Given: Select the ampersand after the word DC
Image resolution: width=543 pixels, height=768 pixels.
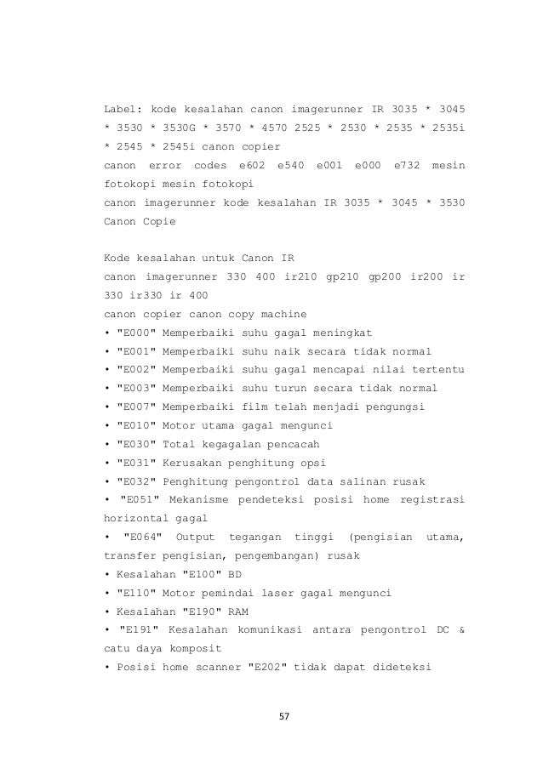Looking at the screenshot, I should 461,630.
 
